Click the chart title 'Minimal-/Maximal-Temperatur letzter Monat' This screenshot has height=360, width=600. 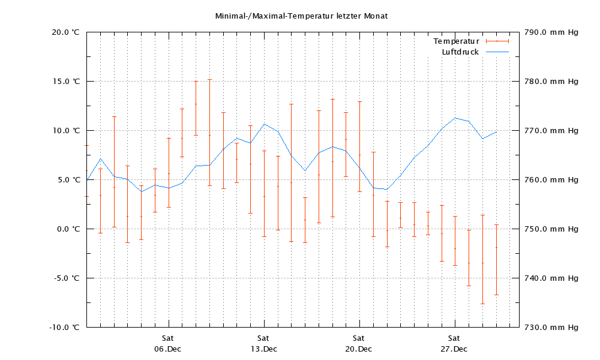click(301, 16)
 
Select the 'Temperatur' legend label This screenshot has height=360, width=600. click(456, 41)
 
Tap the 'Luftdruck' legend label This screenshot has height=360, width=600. click(460, 52)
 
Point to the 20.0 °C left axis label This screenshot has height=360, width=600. click(66, 32)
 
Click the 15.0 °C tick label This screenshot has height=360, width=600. click(66, 82)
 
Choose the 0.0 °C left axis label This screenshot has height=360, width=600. click(68, 229)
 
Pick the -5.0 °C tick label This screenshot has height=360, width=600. click(66, 278)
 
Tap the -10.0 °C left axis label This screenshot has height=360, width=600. click(64, 328)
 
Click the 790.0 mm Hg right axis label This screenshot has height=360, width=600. click(551, 32)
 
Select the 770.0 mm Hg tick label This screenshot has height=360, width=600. click(551, 131)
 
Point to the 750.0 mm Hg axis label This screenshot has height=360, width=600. click(551, 229)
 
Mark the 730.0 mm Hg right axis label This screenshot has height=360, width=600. click(551, 328)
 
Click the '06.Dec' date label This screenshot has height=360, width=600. click(167, 349)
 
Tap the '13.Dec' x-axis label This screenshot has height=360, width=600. click(263, 349)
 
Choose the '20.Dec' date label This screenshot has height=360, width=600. click(359, 349)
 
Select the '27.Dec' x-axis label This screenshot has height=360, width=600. click(454, 349)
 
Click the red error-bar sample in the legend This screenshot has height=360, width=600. click(497, 41)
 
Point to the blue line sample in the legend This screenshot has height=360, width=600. click(497, 52)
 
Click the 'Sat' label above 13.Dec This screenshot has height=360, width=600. click(263, 338)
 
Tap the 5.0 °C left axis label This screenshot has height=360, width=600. click(68, 180)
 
